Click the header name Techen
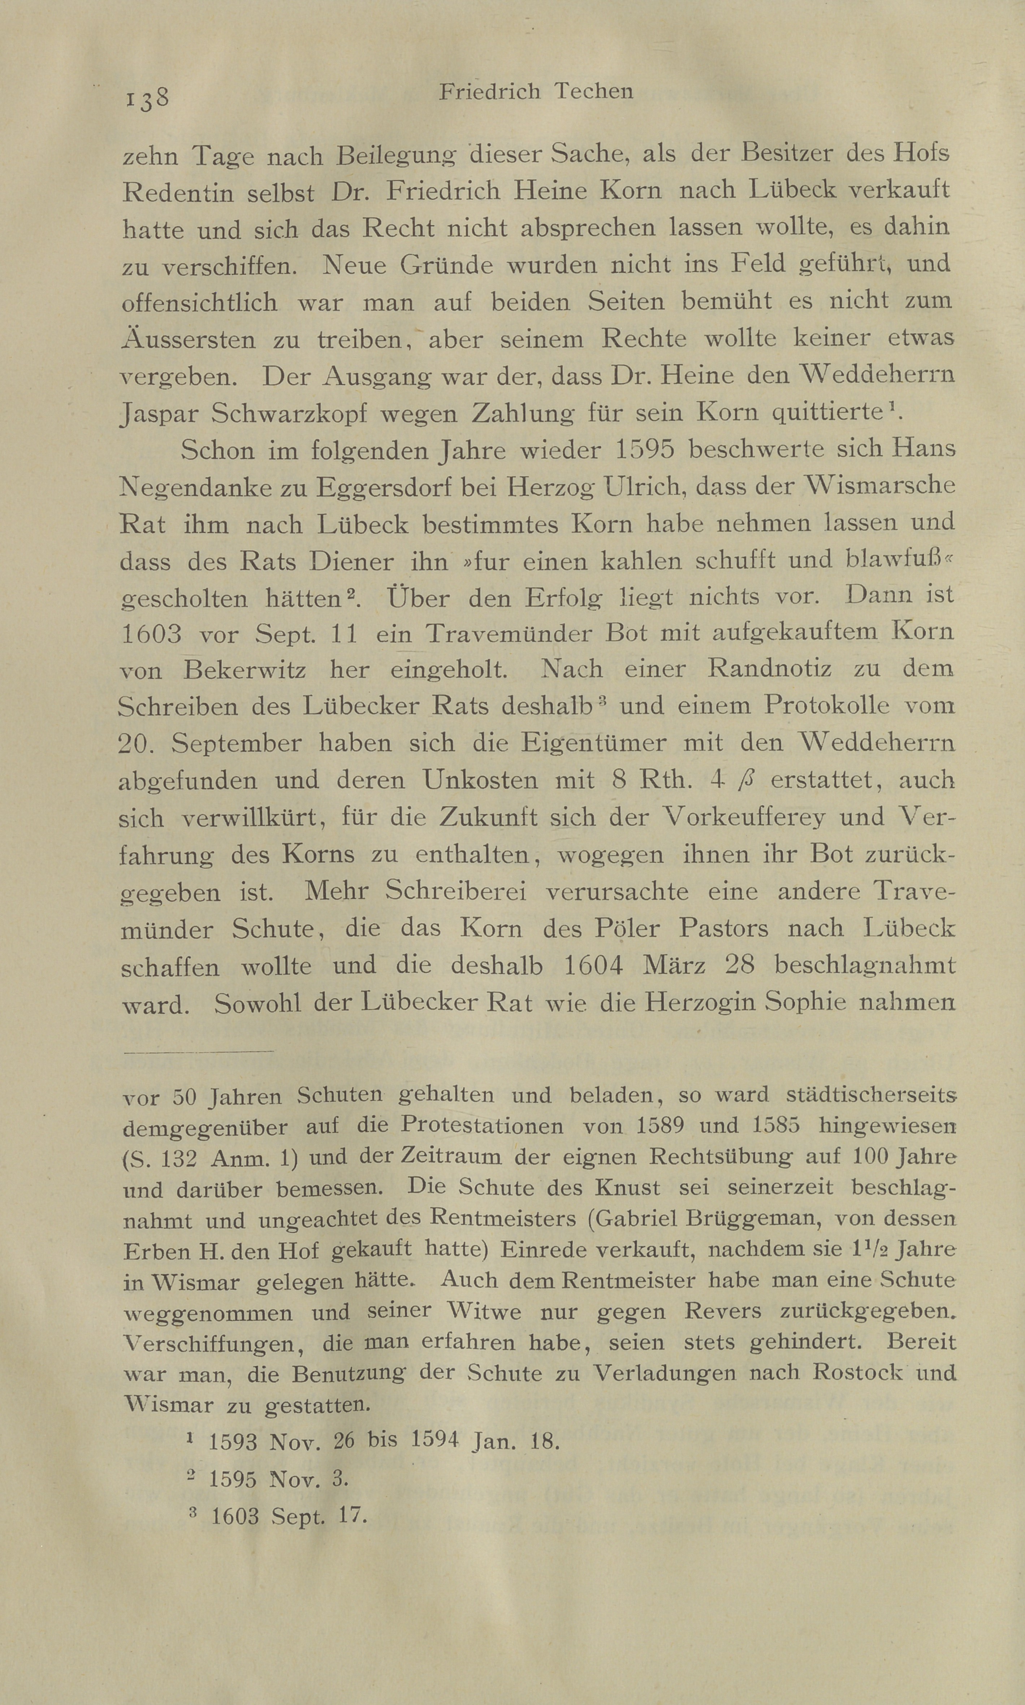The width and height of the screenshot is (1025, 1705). (593, 92)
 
